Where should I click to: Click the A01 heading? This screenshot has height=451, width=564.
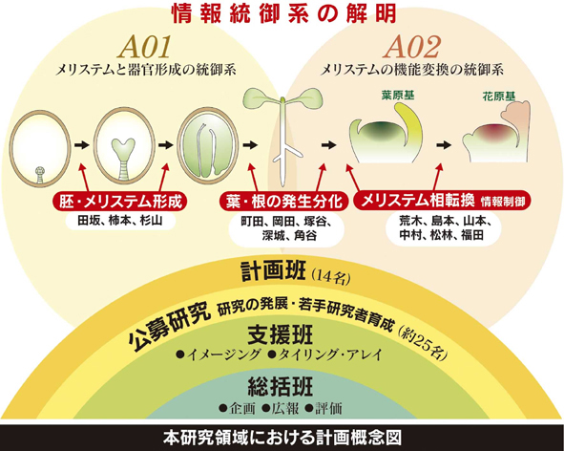145,48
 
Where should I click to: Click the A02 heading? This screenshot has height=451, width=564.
412,48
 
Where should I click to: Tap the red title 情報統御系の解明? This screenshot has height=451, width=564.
284,14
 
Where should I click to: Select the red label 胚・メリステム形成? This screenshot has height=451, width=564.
120,202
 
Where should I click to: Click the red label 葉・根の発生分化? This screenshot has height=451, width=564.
283,202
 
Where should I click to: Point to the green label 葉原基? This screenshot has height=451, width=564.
397,96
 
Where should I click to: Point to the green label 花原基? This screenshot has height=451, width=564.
498,96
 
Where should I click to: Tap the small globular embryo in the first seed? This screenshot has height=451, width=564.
41,174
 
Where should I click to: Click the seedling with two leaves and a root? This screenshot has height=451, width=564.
283,134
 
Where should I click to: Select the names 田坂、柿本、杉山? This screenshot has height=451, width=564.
120,221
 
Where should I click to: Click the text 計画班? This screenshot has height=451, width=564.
273,271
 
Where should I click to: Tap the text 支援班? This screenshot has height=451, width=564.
281,334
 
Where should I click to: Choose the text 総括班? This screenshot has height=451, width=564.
281,387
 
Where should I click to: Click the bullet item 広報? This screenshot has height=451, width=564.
281,409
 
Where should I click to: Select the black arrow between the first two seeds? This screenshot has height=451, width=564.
82,145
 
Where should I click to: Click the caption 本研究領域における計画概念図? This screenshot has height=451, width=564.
282,438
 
